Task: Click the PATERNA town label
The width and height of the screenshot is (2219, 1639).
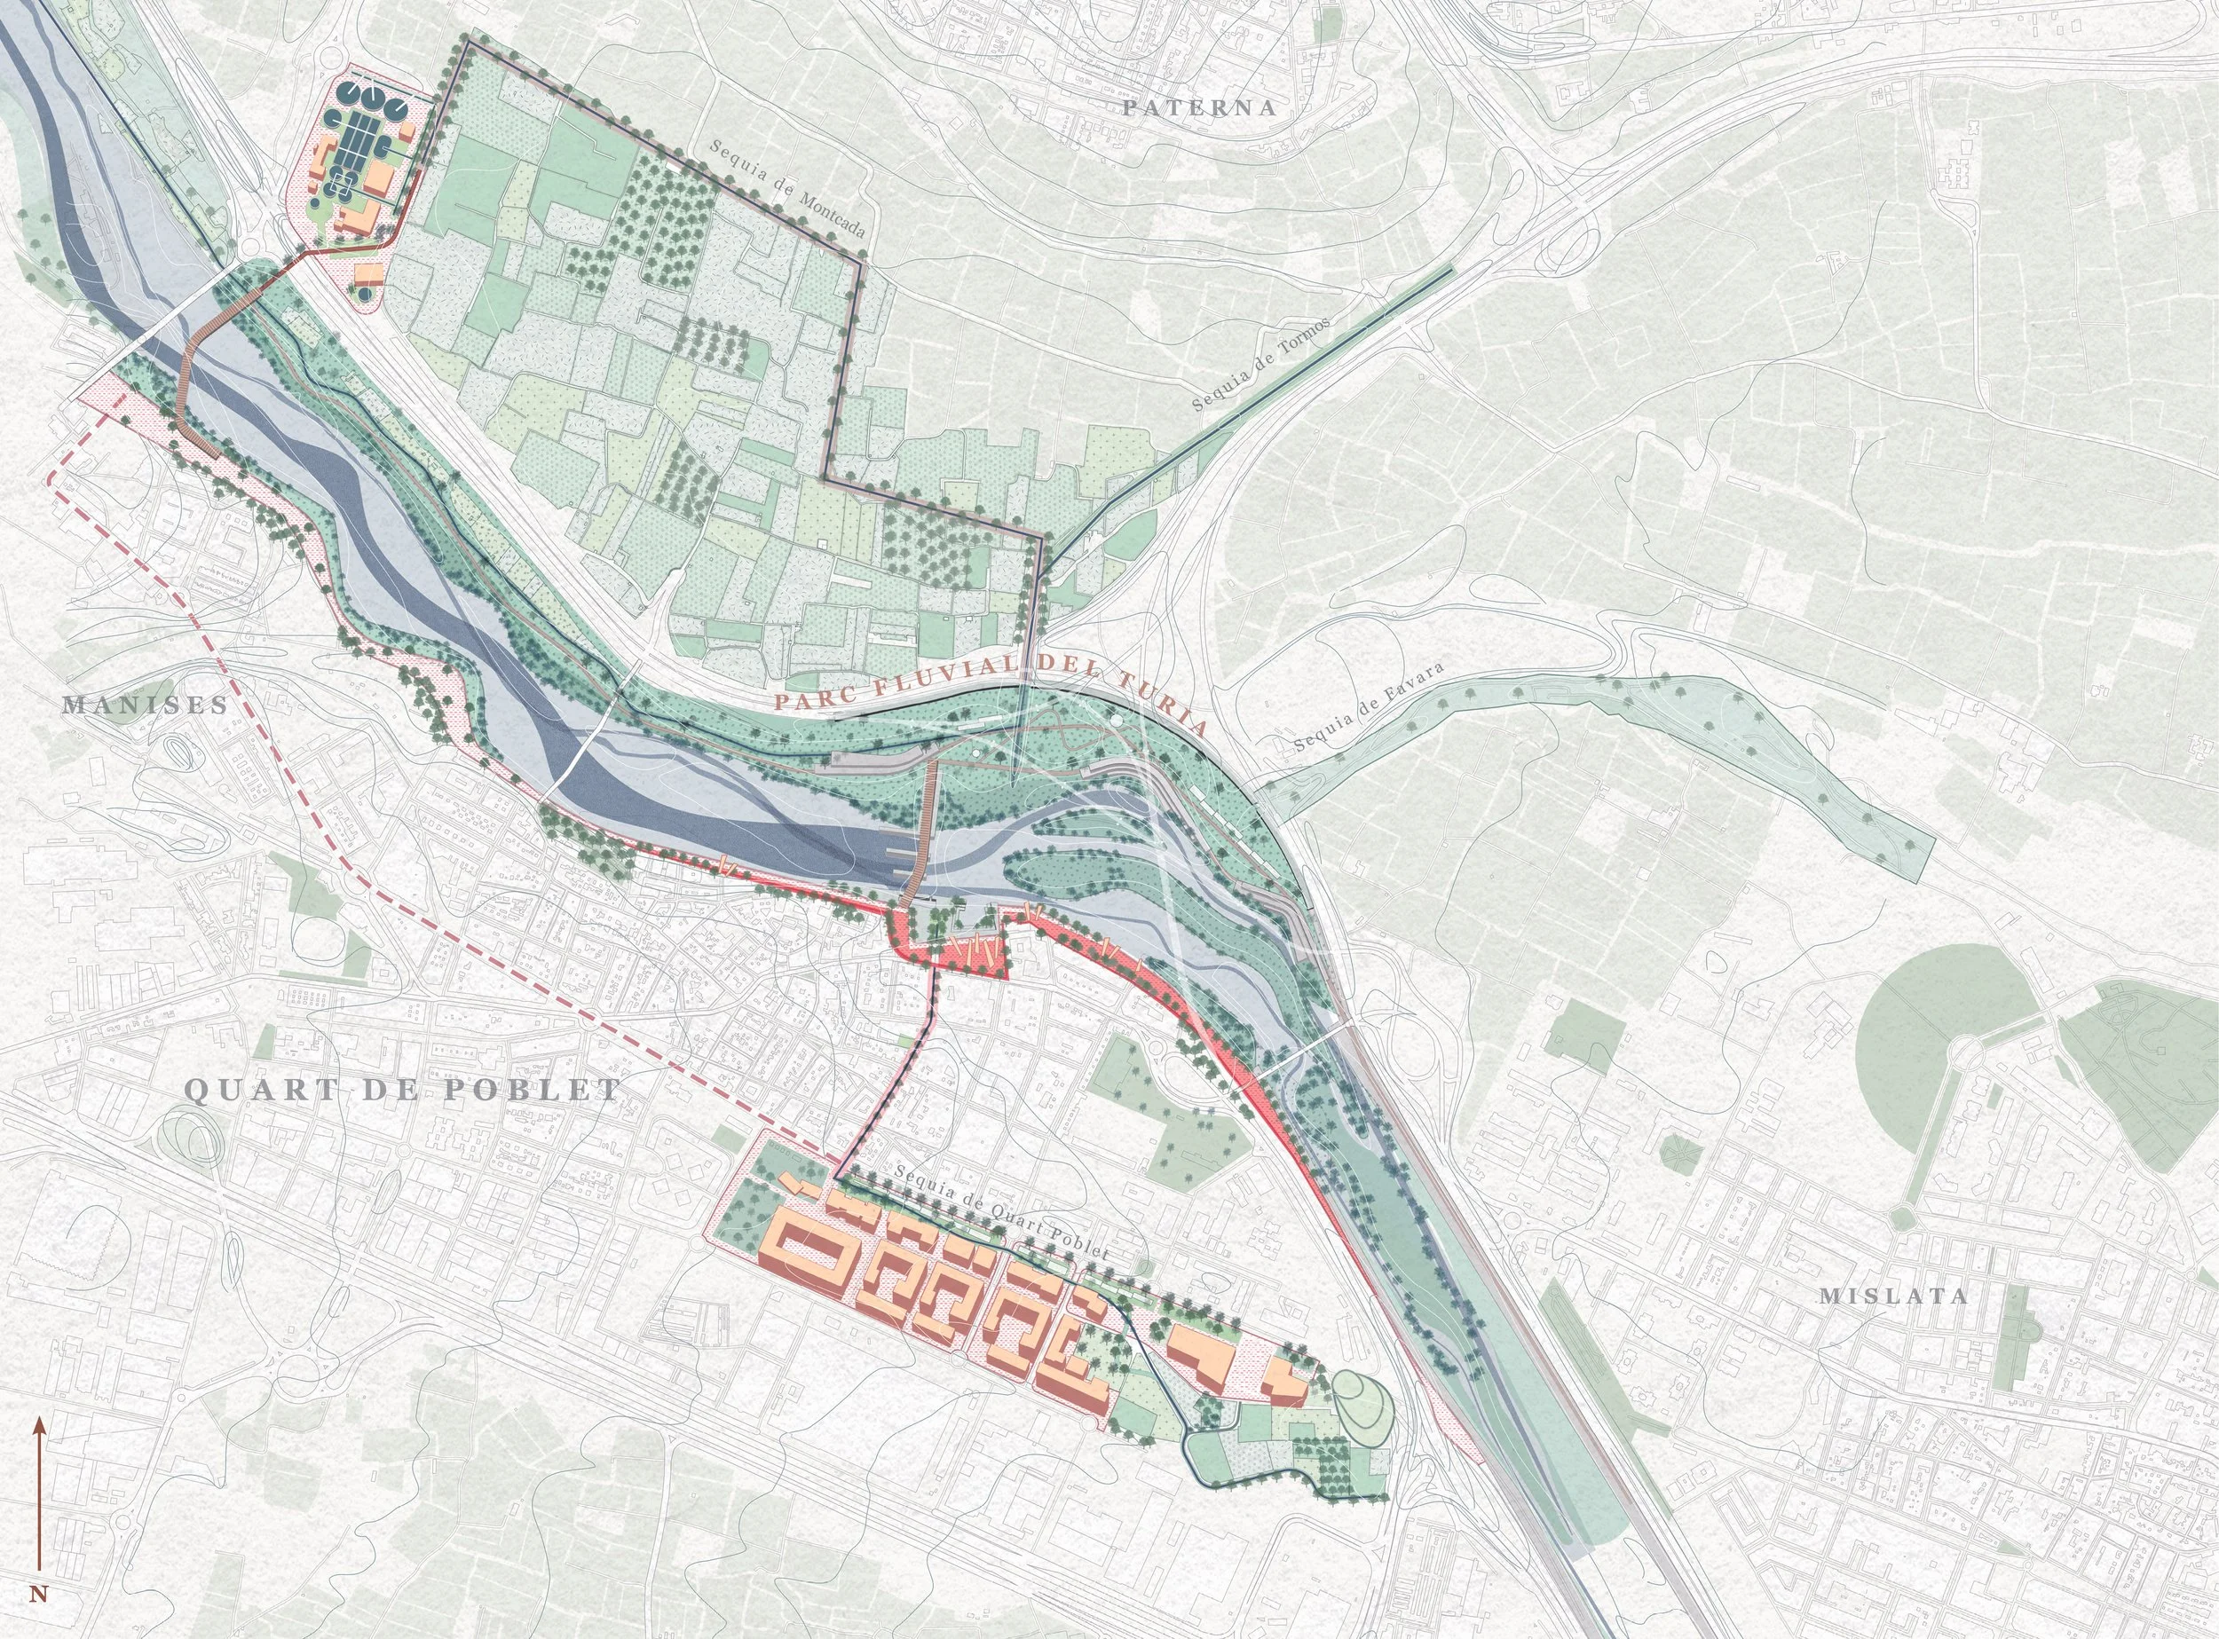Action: pyautogui.click(x=1199, y=108)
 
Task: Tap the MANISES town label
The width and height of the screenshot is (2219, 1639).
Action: pyautogui.click(x=145, y=705)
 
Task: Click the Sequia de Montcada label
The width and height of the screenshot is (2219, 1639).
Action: pyautogui.click(x=787, y=186)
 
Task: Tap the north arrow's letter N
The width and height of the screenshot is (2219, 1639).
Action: pyautogui.click(x=39, y=1596)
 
